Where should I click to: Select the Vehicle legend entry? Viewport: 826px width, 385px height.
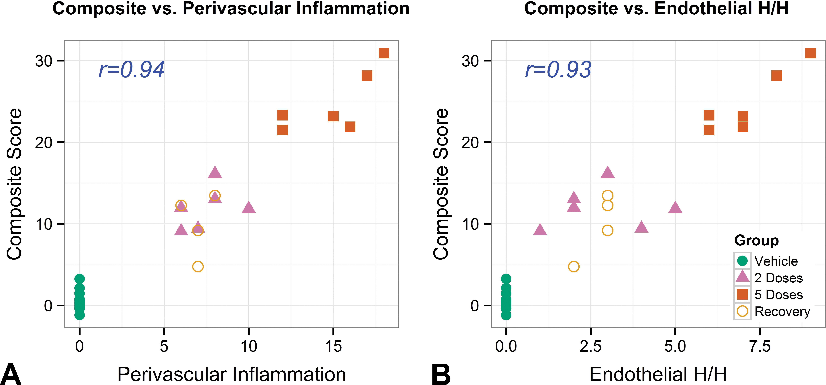pyautogui.click(x=766, y=261)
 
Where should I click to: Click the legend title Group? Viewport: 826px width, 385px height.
pyautogui.click(x=756, y=240)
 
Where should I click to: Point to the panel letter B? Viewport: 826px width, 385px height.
pyautogui.click(x=441, y=374)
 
